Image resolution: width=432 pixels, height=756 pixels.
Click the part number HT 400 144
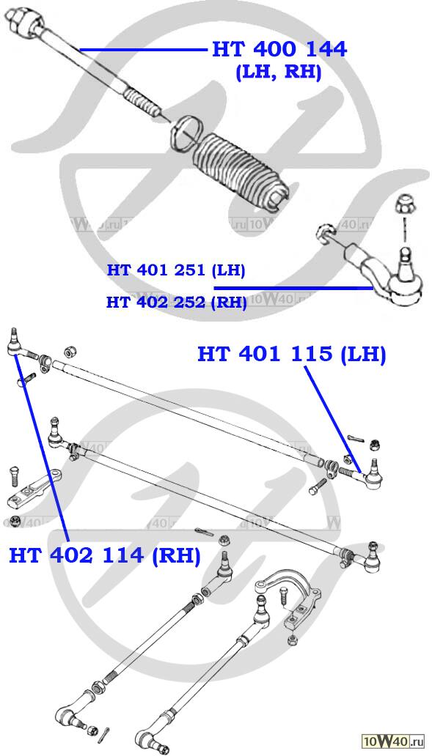(x=279, y=49)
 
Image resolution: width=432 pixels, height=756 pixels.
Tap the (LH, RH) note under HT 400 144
(x=279, y=73)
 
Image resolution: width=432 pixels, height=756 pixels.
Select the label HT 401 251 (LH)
(x=176, y=270)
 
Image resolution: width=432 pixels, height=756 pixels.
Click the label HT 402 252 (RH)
(x=177, y=303)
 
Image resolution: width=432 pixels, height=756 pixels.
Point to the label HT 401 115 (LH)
(x=291, y=355)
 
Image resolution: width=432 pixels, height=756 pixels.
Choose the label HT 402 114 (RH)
(x=105, y=555)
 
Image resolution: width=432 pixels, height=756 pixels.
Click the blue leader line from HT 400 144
(x=143, y=49)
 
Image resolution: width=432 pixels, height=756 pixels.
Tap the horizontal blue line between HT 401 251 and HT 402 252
(x=293, y=288)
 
